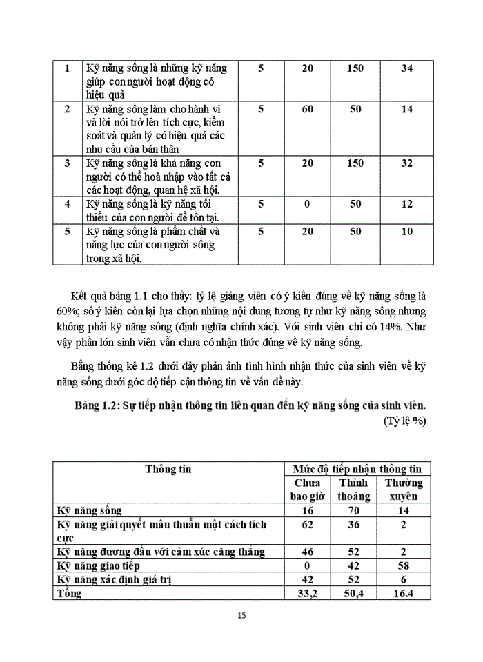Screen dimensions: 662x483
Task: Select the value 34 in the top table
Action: pyautogui.click(x=406, y=68)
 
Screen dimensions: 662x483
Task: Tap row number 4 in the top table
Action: pyautogui.click(x=67, y=204)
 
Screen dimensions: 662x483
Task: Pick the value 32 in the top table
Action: pyautogui.click(x=406, y=163)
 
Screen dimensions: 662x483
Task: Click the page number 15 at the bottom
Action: pyautogui.click(x=241, y=616)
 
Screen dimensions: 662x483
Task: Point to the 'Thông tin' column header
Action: pyautogui.click(x=168, y=469)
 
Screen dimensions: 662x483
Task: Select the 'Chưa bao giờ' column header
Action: pyautogui.click(x=307, y=490)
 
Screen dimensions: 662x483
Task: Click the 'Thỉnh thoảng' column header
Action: pyautogui.click(x=353, y=490)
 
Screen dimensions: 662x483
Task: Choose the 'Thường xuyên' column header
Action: pyautogui.click(x=403, y=490)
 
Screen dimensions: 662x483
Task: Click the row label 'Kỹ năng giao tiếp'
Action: pyautogui.click(x=100, y=565)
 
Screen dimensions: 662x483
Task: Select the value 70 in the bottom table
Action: pyautogui.click(x=353, y=511)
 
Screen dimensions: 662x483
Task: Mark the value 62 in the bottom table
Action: pyautogui.click(x=307, y=525)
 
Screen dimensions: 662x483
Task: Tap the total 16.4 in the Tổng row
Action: pyautogui.click(x=403, y=593)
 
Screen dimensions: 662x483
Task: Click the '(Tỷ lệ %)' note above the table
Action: pyautogui.click(x=404, y=420)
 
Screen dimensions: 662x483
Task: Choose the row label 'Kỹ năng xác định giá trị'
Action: pyautogui.click(x=113, y=579)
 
